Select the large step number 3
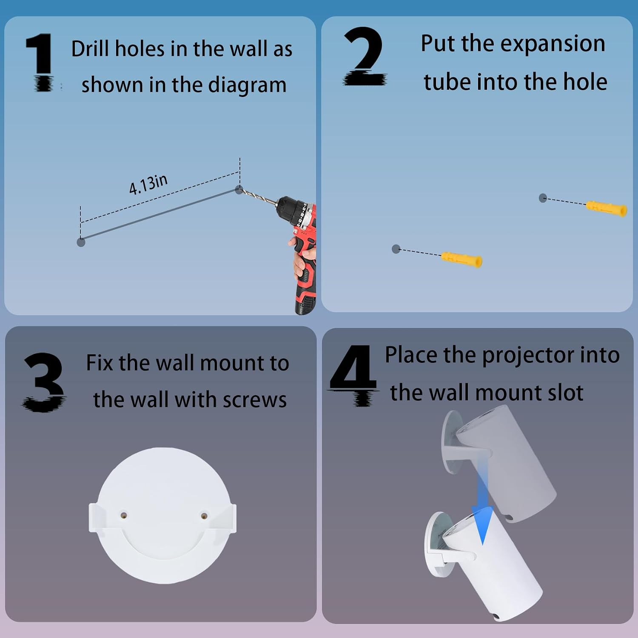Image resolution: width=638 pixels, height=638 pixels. coord(44,382)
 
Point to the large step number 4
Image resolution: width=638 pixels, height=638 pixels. coord(353,375)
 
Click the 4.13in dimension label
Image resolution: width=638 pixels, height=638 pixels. coord(148,185)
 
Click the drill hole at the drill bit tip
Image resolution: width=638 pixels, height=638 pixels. coord(239,190)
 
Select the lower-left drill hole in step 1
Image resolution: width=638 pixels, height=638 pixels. coord(81,242)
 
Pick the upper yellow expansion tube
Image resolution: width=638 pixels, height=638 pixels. coord(607,208)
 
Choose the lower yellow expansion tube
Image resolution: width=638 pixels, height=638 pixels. coord(461,259)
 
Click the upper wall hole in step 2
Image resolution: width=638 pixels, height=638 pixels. coord(543,198)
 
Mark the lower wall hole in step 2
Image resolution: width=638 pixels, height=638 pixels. coord(396,249)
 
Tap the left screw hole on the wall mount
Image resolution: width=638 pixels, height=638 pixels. coord(123,515)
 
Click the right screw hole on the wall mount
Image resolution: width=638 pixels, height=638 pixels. coord(204,516)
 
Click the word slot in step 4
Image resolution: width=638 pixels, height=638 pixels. coord(565,392)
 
